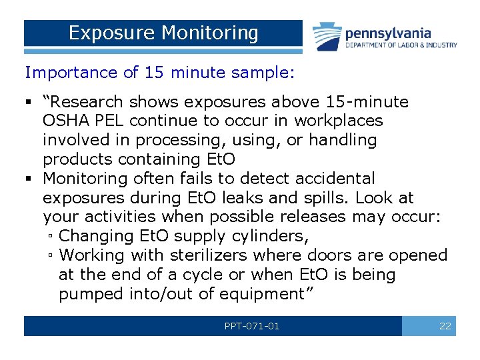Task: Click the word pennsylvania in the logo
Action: click(x=387, y=33)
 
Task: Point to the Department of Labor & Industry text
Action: click(x=401, y=45)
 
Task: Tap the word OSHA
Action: click(x=64, y=121)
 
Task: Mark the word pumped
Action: click(x=86, y=294)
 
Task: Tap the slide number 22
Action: click(x=445, y=326)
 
